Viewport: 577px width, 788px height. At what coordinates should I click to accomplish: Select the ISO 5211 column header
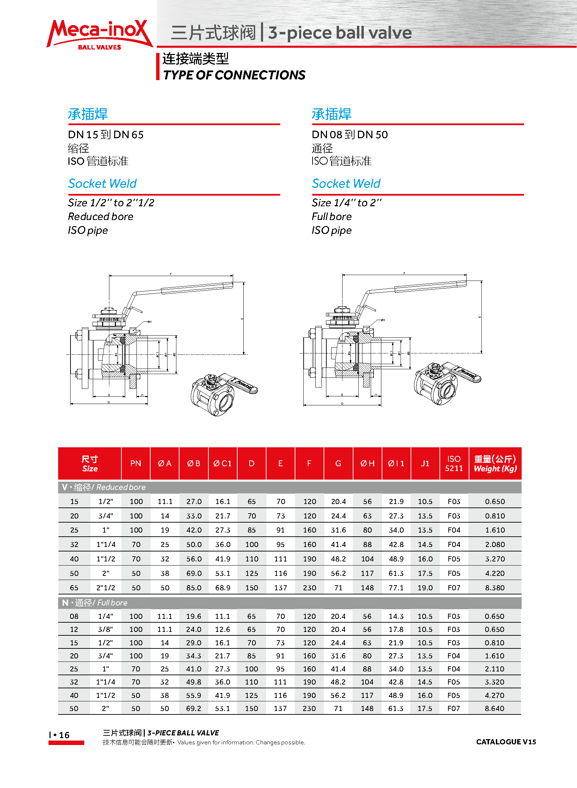[x=454, y=463]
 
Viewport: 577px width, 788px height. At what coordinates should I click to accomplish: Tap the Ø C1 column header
[x=222, y=463]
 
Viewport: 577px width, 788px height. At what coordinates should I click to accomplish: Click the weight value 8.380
[x=494, y=588]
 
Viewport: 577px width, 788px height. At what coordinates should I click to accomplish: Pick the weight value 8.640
[x=494, y=708]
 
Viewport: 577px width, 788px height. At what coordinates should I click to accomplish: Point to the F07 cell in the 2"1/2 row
[x=454, y=588]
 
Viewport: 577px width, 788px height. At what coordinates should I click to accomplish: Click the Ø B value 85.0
[x=194, y=588]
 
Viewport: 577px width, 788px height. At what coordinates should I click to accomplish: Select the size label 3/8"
[x=106, y=629]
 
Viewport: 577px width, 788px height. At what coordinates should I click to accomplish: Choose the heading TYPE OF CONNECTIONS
[x=234, y=75]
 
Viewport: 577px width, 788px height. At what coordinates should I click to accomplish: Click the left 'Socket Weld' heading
[x=102, y=184]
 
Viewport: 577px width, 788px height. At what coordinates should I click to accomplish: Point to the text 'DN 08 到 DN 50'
[x=350, y=135]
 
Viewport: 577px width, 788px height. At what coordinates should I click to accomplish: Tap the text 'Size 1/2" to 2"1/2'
[x=111, y=203]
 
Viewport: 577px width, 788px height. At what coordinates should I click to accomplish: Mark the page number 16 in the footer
[x=64, y=735]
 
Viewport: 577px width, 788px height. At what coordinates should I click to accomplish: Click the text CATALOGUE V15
[x=506, y=742]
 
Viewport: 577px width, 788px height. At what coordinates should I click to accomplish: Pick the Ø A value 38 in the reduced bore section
[x=165, y=573]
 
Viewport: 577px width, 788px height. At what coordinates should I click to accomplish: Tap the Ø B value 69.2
[x=194, y=708]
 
